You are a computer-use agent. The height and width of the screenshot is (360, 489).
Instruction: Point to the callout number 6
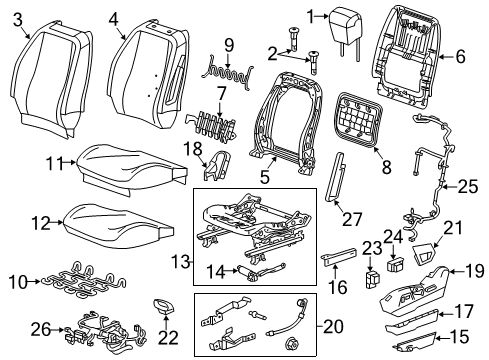point(460,57)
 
